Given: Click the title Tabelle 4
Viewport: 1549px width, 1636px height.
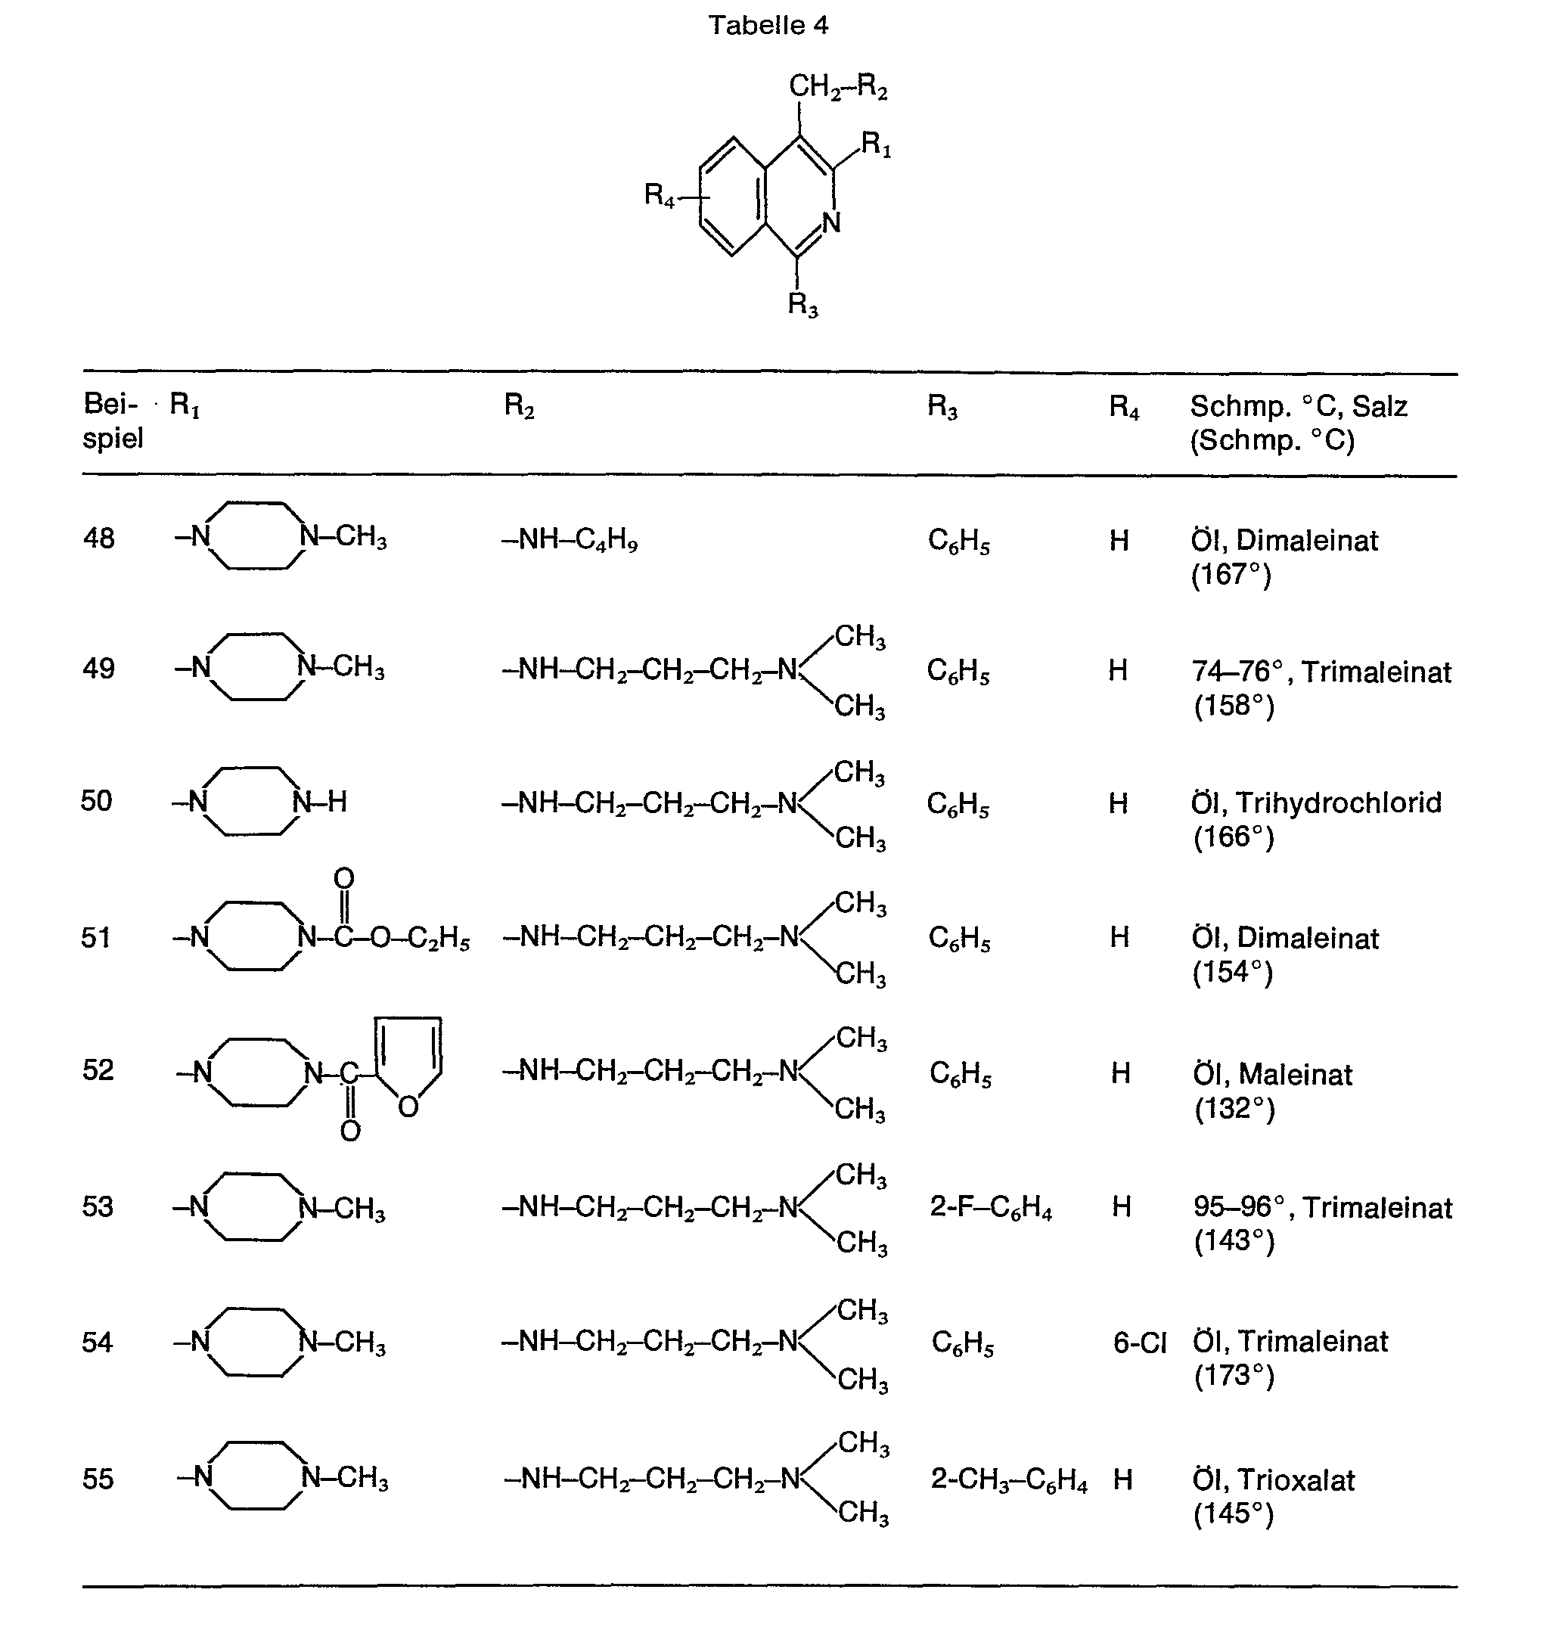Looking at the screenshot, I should (x=768, y=26).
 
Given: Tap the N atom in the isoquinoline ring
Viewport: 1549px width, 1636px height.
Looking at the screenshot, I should (x=830, y=222).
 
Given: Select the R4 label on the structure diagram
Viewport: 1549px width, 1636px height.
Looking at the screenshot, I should (x=660, y=195).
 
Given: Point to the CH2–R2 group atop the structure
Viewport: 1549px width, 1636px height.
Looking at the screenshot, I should (x=837, y=87).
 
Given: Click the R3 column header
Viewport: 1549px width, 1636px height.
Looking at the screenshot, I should (x=942, y=406).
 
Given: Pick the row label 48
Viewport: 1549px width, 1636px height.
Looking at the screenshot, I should (x=99, y=539).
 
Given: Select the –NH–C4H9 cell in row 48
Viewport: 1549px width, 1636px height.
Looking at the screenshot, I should (x=570, y=540).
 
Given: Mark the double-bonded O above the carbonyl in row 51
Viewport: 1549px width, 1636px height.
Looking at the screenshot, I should (x=344, y=879).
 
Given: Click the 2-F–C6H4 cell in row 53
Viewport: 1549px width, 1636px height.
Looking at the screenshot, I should (x=991, y=1208).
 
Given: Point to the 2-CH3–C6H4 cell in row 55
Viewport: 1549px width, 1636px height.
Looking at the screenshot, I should (x=1009, y=1479).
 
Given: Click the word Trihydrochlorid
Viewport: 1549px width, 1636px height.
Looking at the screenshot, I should (x=1339, y=802).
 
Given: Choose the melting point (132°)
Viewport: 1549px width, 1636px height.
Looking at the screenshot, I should (x=1234, y=1108).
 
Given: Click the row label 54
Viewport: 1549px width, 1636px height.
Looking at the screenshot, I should (x=98, y=1343).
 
